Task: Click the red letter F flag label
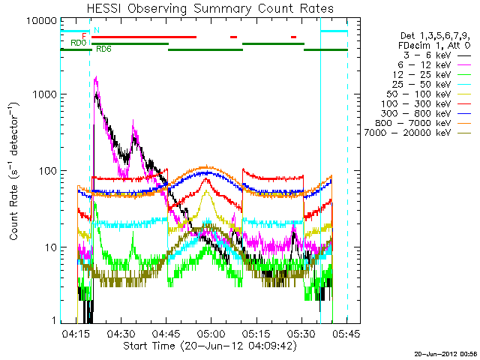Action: point(84,36)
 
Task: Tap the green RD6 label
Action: point(102,49)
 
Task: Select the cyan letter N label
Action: point(96,30)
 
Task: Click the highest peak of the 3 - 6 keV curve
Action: point(96,76)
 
